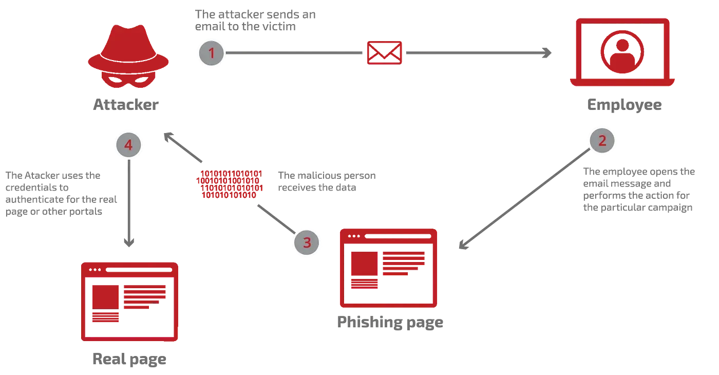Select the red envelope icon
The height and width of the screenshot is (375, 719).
pyautogui.click(x=385, y=52)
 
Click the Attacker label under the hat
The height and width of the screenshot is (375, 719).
pyautogui.click(x=125, y=105)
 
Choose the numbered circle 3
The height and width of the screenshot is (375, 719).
pyautogui.click(x=307, y=242)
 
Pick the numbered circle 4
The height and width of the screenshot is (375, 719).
pyautogui.click(x=128, y=145)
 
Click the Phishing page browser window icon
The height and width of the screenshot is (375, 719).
pyautogui.click(x=388, y=268)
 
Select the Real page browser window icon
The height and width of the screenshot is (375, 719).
pyautogui.click(x=129, y=301)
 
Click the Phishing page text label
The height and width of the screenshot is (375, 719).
pyautogui.click(x=390, y=323)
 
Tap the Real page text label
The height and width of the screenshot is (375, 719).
pyautogui.click(x=129, y=359)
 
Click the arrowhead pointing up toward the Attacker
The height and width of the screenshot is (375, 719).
pyautogui.click(x=167, y=136)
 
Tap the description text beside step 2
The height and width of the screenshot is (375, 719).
pyautogui.click(x=639, y=191)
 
